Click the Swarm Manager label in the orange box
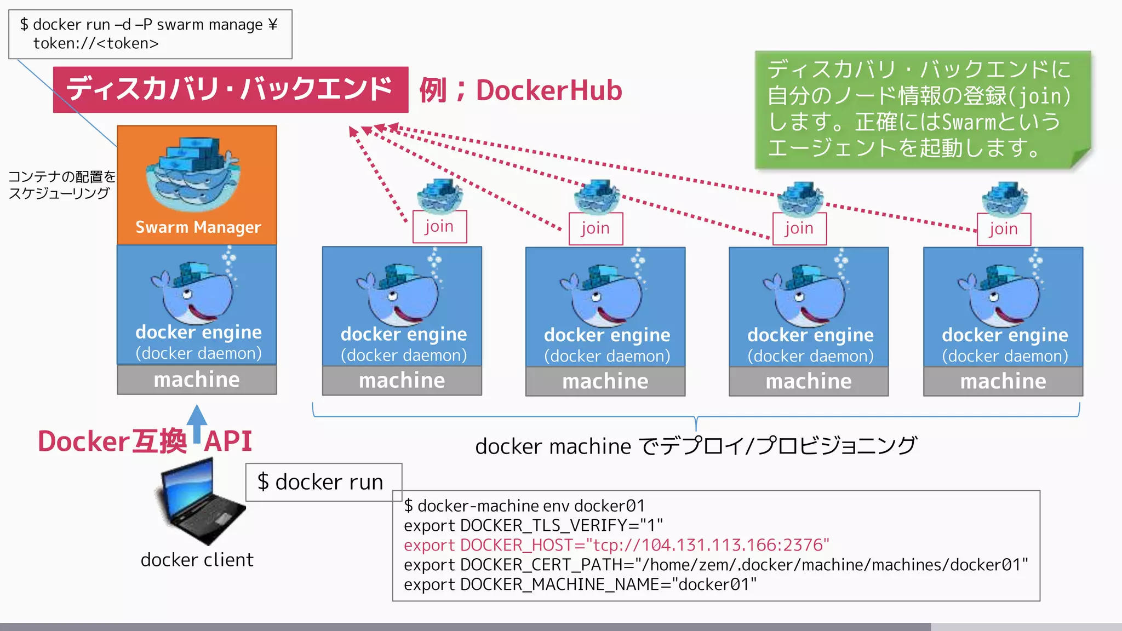198,227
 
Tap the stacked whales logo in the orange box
193,174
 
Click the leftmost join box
439,226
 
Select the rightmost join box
1004,229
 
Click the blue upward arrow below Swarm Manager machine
197,423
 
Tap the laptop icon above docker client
201,501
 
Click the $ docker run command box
323,482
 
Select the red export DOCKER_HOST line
616,545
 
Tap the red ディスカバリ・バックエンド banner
230,89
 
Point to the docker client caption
197,560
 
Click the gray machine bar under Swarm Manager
197,380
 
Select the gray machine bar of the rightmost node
1003,381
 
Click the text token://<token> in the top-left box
96,43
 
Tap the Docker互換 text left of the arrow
112,441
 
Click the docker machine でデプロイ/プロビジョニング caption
696,446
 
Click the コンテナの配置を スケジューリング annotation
61,185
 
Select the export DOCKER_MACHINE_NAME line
580,584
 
